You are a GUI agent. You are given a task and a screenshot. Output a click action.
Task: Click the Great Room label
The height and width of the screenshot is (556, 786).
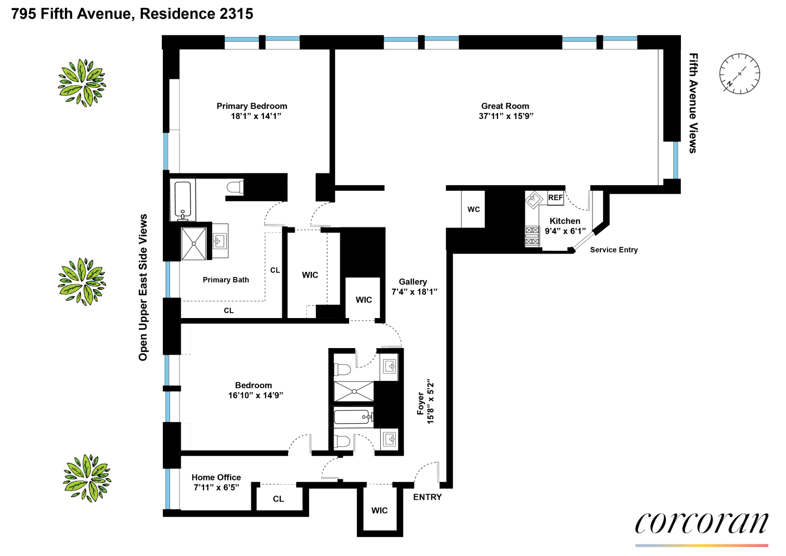click(505, 106)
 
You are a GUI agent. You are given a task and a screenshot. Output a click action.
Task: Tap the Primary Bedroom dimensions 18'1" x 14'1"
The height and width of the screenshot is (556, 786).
click(256, 116)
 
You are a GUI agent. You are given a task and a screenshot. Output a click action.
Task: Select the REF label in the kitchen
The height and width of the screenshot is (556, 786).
click(555, 197)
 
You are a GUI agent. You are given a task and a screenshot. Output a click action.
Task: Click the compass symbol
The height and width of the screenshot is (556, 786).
click(739, 74)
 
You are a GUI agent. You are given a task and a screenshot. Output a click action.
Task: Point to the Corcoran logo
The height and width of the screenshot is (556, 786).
click(702, 524)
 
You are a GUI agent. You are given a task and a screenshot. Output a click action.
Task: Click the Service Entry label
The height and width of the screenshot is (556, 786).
click(614, 250)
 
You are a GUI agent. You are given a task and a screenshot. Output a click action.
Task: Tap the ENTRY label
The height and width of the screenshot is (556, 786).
click(427, 497)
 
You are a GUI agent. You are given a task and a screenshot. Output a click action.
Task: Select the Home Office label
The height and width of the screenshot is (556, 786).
click(216, 478)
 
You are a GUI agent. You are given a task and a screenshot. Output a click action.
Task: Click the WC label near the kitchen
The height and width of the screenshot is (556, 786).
click(474, 210)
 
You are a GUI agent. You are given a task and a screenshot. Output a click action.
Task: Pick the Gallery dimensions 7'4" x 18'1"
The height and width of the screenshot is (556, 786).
click(414, 292)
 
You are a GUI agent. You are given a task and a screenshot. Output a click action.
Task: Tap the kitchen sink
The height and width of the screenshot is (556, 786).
click(534, 198)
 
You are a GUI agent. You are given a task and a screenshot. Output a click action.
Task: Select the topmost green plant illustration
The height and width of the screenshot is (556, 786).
click(82, 83)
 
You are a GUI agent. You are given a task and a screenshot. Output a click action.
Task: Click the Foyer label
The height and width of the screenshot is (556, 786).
click(421, 403)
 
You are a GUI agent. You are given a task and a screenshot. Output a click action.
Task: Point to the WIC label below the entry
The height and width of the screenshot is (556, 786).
click(380, 510)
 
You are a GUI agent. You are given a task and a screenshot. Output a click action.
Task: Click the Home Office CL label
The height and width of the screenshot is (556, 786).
click(278, 499)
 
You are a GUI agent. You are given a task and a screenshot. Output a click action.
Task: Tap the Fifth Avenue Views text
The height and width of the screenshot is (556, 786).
click(693, 103)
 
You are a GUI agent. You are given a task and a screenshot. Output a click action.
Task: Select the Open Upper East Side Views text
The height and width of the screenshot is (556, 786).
click(143, 287)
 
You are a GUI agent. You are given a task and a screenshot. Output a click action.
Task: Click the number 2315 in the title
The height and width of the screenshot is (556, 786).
click(236, 14)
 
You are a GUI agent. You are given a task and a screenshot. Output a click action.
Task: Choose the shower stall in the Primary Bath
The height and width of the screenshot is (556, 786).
click(194, 244)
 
